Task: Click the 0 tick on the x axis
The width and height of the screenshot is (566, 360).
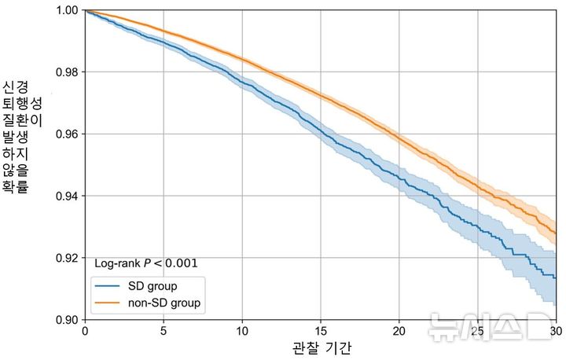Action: (85, 332)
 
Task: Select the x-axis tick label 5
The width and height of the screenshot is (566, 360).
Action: (164, 332)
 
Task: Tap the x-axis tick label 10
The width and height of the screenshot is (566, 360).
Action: (242, 332)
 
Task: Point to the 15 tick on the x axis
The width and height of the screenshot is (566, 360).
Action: (321, 332)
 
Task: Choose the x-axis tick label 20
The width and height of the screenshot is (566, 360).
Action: (399, 332)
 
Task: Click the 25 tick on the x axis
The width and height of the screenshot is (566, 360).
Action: (478, 332)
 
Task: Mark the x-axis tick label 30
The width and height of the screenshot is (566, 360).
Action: (555, 332)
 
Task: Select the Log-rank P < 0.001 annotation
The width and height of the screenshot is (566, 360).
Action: (145, 263)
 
